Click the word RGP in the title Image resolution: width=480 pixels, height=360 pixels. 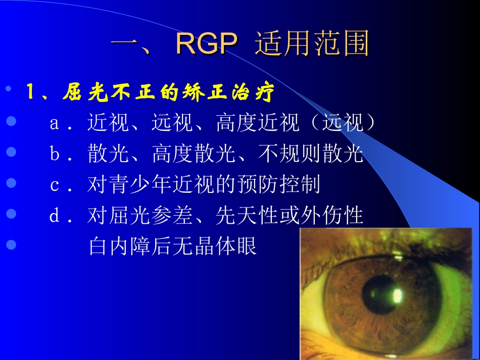(206, 44)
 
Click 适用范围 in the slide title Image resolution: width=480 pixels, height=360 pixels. (312, 44)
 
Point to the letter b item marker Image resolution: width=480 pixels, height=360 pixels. (55, 155)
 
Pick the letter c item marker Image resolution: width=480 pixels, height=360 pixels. (55, 185)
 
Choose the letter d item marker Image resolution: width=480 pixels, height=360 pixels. (55, 216)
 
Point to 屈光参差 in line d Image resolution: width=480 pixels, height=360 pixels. (152, 216)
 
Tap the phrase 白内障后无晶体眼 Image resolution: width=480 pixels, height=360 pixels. (173, 247)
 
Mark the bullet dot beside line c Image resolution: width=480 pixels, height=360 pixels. (11, 184)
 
